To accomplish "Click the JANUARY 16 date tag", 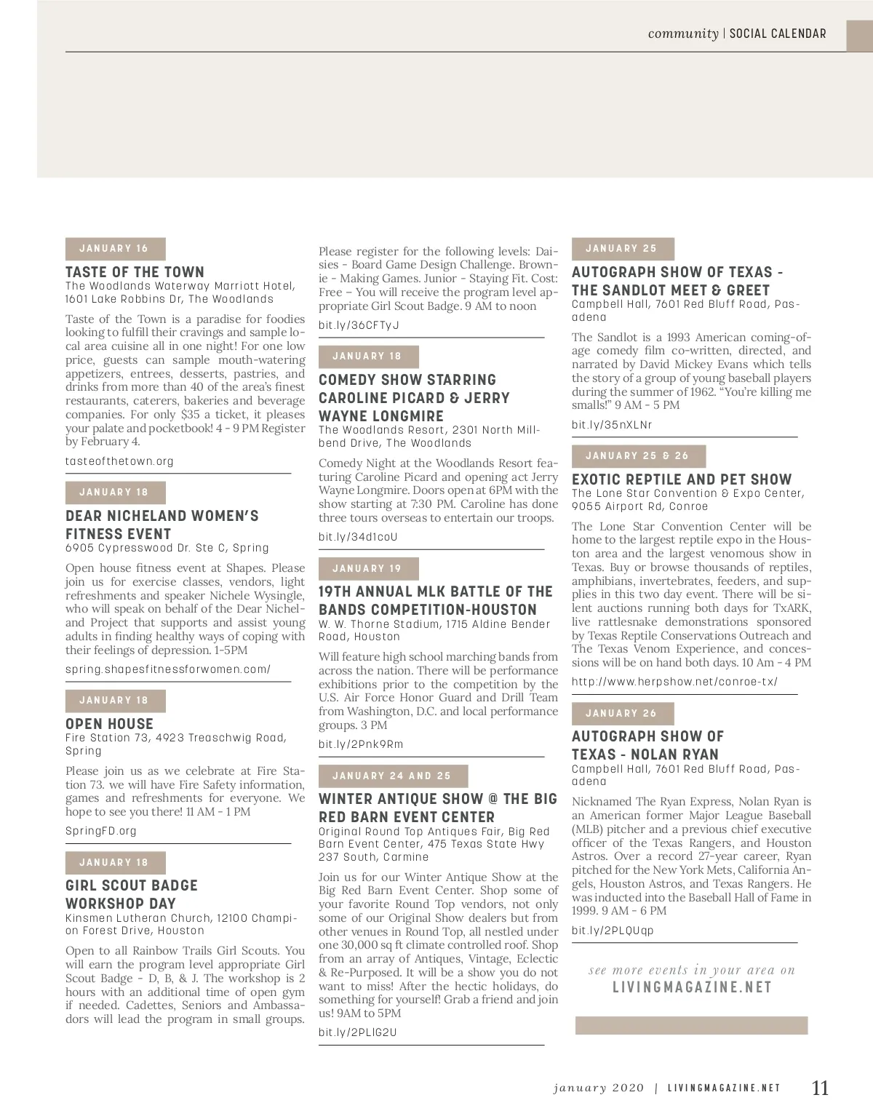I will click(x=115, y=249).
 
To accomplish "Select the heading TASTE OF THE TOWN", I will click(x=135, y=272).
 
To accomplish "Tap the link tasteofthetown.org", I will click(x=119, y=461).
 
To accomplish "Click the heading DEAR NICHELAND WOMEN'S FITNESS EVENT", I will click(x=162, y=525).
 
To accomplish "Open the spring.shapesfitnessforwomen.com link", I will click(x=167, y=669).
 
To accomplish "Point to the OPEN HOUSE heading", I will click(x=109, y=724).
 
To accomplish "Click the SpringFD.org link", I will click(x=100, y=831).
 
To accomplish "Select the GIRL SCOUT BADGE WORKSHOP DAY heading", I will click(x=131, y=894).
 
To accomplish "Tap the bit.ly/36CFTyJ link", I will click(x=359, y=325).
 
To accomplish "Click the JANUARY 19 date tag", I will click(x=368, y=569).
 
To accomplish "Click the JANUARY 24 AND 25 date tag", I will click(x=393, y=776).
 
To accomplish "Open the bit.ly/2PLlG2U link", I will click(x=357, y=1032).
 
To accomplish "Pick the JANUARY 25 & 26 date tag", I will click(x=638, y=456).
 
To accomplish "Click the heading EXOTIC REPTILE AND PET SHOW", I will click(x=681, y=479).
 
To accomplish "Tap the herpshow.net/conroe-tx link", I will click(x=674, y=682).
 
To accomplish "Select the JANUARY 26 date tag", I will click(x=622, y=714).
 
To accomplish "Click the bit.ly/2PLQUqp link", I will click(x=613, y=931).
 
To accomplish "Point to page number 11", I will click(x=820, y=1088).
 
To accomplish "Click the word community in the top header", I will click(x=682, y=33).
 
